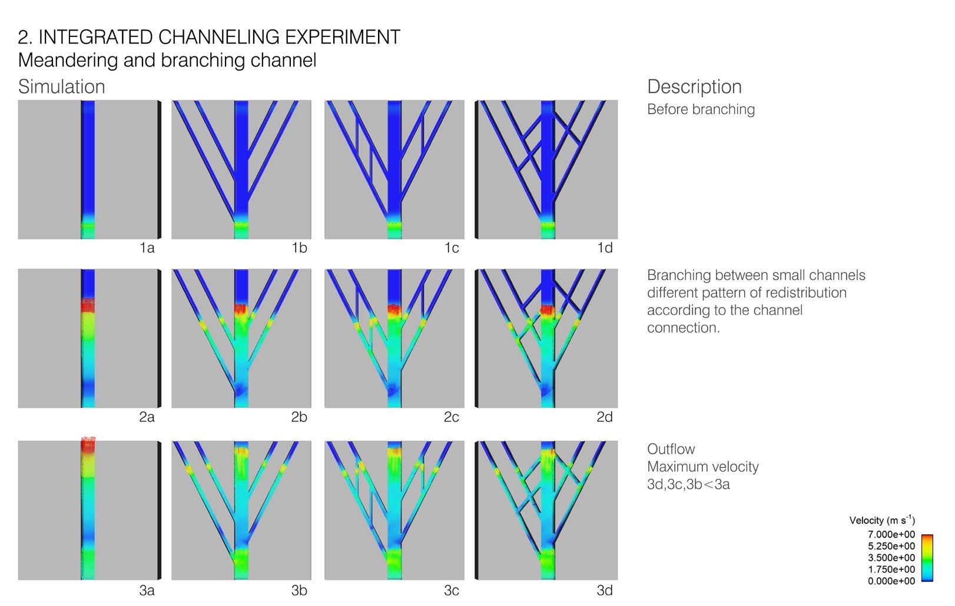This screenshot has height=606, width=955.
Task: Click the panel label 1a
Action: coord(147,248)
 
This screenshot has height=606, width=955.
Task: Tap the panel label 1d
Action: coord(605,248)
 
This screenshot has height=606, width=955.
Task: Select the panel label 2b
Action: coord(299,417)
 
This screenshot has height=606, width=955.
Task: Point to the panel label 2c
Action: coord(452,417)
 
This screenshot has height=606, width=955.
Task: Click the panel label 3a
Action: coord(147,590)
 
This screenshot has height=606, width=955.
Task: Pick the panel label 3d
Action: coord(605,590)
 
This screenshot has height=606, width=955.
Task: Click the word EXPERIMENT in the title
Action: coord(342,37)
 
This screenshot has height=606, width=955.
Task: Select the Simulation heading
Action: coord(61,86)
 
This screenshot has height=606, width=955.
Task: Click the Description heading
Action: coord(694,86)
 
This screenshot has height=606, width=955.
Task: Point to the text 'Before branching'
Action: coord(701,109)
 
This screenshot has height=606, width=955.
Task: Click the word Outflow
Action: coord(671,449)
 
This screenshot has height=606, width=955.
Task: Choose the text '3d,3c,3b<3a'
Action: coord(688,485)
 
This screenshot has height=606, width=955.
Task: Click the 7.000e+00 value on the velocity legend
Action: coord(891,534)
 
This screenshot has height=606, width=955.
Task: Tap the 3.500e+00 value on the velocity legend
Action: coord(891,558)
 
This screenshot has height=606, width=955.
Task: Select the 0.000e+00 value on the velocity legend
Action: coord(891,581)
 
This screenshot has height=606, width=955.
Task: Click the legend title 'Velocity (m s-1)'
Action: coord(881,520)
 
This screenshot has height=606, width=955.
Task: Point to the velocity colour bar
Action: coord(927,558)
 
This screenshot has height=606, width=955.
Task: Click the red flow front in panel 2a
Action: coord(88,305)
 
